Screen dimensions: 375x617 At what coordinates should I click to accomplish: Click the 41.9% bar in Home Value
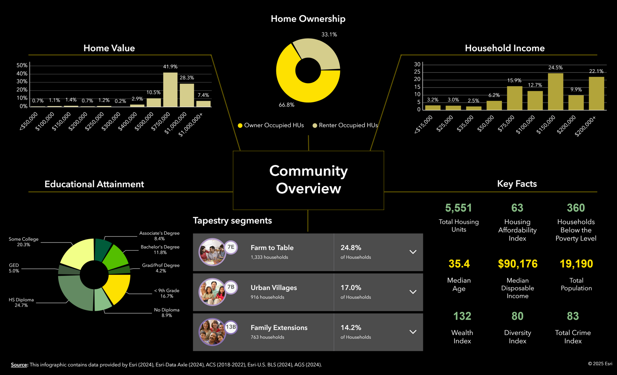pos(170,90)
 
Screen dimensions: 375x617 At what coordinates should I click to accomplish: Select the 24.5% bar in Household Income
pos(555,92)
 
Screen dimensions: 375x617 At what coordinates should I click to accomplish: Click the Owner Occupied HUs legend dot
pos(240,126)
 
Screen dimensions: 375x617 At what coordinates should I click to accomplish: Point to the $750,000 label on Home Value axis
pos(161,121)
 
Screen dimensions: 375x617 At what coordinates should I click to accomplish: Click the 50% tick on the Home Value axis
pos(22,65)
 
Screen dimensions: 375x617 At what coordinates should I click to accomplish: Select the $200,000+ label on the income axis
pos(586,126)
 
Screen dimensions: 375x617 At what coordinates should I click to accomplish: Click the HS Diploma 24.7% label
pos(21,302)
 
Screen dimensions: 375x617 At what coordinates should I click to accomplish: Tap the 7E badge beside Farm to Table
pos(231,247)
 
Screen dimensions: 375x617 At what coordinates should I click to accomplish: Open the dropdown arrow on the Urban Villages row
pos(413,292)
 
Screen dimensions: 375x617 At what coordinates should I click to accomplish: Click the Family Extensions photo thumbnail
pos(212,332)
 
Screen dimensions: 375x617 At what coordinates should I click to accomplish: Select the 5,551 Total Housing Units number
pos(458,208)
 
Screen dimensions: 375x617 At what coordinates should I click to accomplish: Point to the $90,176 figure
pos(517,264)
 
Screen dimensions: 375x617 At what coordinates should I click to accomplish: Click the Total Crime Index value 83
pos(573,316)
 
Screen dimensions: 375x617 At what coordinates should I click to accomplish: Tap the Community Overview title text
pos(308,180)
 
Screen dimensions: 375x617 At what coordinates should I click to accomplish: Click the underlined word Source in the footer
pos(19,365)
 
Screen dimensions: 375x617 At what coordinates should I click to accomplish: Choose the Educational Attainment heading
pos(94,184)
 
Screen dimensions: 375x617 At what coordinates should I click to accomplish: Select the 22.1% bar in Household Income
pos(596,93)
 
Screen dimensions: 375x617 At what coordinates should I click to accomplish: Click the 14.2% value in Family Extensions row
pos(351,327)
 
